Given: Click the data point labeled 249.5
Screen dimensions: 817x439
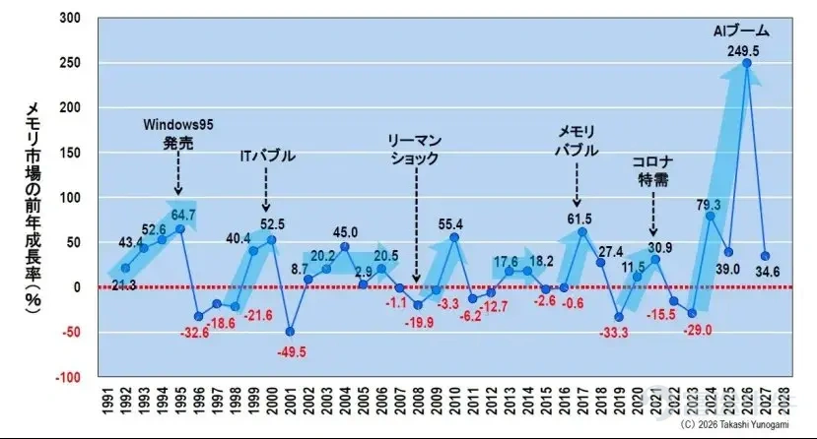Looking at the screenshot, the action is (x=746, y=63).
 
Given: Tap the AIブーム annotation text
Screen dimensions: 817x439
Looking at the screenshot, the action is (x=741, y=31).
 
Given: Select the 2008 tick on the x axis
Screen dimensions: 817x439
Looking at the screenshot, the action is (x=417, y=401).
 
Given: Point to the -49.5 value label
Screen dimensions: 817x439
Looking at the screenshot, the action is (x=292, y=352).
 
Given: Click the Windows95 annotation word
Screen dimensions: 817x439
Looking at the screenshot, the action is (x=178, y=125).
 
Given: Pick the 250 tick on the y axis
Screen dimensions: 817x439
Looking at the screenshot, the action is (x=70, y=63).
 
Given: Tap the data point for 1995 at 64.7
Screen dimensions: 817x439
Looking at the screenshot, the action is (x=180, y=229).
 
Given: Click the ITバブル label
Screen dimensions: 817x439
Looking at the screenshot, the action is (x=268, y=157).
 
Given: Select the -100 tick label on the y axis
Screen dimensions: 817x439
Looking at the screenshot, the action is (x=68, y=378).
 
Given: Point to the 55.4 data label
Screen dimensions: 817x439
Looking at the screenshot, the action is (x=450, y=224).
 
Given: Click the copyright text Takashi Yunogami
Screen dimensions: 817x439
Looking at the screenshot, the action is (x=755, y=424).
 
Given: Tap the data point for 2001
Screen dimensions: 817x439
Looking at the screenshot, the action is (x=290, y=332).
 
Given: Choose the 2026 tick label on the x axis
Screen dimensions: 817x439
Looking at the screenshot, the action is (x=747, y=401).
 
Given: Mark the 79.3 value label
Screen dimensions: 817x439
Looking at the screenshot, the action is (x=709, y=205).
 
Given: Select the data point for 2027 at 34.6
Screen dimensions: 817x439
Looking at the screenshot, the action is (x=765, y=256).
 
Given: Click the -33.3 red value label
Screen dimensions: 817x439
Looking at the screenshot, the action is (x=614, y=333).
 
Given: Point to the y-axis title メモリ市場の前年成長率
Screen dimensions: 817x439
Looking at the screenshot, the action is (x=33, y=207).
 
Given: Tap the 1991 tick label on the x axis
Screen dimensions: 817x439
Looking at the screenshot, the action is (x=106, y=401).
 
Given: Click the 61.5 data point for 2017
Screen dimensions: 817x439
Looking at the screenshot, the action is (x=582, y=232).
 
